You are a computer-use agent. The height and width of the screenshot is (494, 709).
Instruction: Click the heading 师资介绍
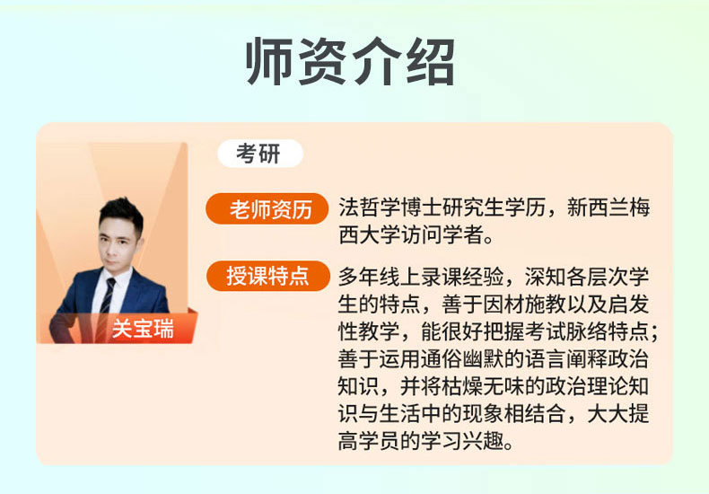(350, 62)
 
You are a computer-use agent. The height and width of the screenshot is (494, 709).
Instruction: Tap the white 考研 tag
(260, 154)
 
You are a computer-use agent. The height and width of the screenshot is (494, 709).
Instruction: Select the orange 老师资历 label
(267, 209)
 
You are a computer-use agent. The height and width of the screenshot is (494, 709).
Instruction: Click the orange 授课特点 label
(267, 276)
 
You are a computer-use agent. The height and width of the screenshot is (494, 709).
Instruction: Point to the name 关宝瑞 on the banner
(143, 329)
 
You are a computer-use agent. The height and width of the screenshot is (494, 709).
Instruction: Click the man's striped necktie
(107, 298)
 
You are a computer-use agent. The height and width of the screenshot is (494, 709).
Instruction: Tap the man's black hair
(122, 215)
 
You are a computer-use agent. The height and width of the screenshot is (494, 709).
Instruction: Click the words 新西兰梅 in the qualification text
(608, 208)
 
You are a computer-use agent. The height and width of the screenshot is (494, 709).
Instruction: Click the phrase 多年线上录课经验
(421, 277)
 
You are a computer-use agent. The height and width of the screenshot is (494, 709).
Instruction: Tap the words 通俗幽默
(462, 359)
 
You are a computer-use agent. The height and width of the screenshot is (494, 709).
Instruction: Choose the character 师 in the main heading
(269, 62)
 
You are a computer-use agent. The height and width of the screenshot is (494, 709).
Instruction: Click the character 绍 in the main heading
(431, 62)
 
